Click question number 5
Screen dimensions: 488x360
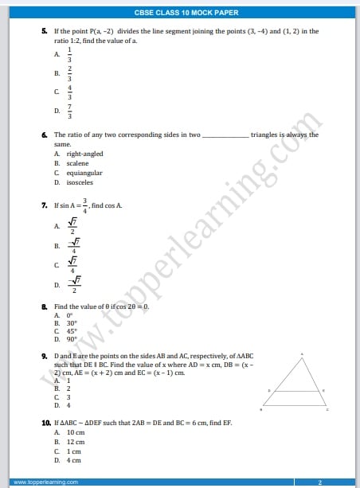click(x=45, y=31)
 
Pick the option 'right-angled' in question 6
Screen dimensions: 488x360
click(x=84, y=154)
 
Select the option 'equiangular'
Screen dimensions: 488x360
click(x=84, y=172)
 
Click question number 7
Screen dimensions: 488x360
click(x=45, y=205)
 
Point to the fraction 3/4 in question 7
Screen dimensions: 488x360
click(x=85, y=205)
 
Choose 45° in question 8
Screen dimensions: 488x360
click(x=72, y=331)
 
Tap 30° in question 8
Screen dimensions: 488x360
click(x=72, y=323)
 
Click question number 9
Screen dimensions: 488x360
click(x=45, y=355)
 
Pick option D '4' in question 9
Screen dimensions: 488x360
click(x=68, y=405)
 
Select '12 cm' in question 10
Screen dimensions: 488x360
click(x=76, y=441)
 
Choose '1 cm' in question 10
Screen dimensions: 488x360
click(x=74, y=451)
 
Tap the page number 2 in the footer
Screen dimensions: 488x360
click(x=319, y=482)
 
